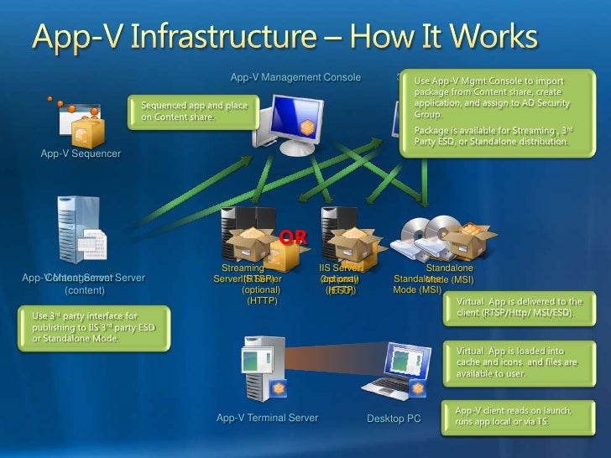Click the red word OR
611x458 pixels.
[292, 238]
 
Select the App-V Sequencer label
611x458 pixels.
[81, 154]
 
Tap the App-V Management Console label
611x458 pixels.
[295, 78]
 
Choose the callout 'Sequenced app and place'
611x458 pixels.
[195, 111]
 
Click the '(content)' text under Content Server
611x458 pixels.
[85, 290]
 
